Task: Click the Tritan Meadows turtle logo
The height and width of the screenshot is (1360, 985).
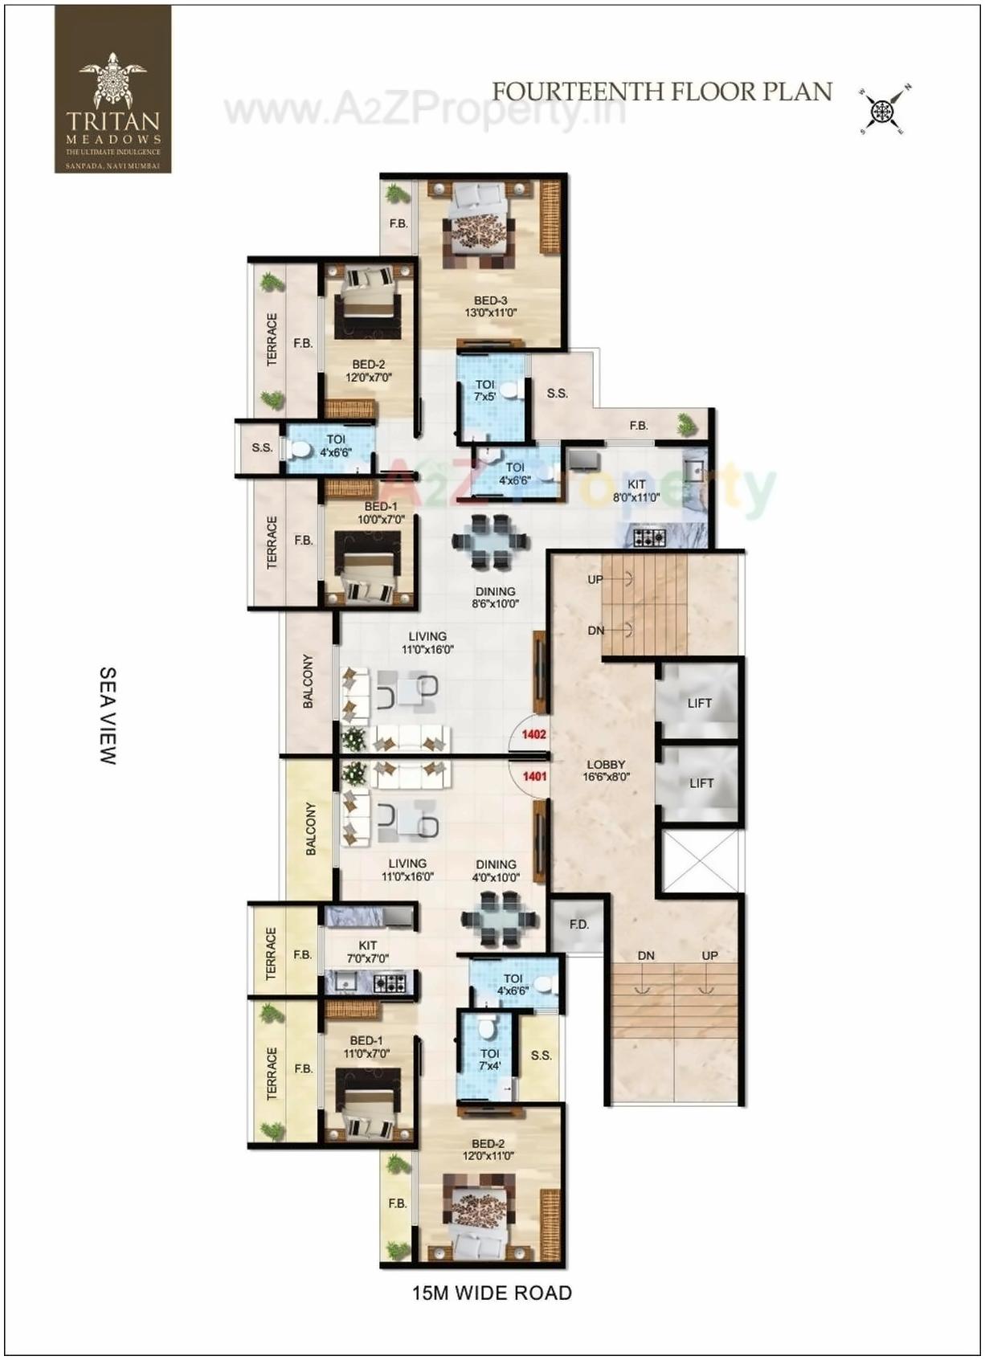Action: (112, 80)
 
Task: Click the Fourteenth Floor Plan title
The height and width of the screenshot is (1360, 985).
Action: (662, 92)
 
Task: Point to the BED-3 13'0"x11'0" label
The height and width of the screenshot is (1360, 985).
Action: (490, 307)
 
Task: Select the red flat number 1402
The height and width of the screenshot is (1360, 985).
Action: (534, 734)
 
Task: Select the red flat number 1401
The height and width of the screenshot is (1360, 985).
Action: (534, 776)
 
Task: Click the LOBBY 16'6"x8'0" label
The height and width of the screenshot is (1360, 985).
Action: (606, 770)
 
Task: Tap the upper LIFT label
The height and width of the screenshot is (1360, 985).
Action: (699, 703)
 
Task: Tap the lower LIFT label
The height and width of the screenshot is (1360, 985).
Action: (701, 782)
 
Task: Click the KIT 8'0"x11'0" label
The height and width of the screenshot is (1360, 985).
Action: (636, 491)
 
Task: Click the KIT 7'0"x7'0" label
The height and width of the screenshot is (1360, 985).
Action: (368, 952)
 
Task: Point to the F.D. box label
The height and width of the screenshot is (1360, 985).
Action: (578, 925)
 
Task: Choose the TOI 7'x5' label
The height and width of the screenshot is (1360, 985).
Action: (484, 390)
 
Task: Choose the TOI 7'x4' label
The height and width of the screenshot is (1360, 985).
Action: (489, 1060)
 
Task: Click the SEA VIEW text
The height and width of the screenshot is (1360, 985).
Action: (108, 715)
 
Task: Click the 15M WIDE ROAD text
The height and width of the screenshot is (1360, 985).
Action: (492, 1293)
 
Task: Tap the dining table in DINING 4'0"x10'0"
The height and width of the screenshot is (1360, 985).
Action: (499, 917)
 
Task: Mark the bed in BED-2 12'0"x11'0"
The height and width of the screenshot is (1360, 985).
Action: (480, 1215)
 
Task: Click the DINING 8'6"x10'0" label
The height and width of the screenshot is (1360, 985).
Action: (495, 597)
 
